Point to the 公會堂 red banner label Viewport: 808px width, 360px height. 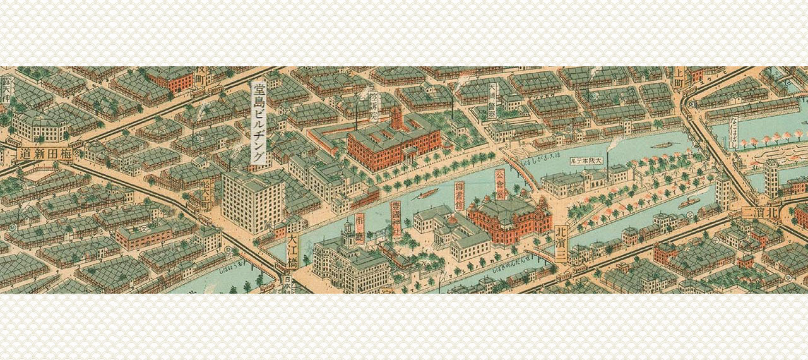500,183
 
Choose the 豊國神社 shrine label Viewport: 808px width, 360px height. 396,219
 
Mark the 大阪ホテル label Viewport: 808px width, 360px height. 588,161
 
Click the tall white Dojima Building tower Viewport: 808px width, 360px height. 252,202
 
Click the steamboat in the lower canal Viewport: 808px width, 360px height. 688,203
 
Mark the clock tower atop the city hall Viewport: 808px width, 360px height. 348,233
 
